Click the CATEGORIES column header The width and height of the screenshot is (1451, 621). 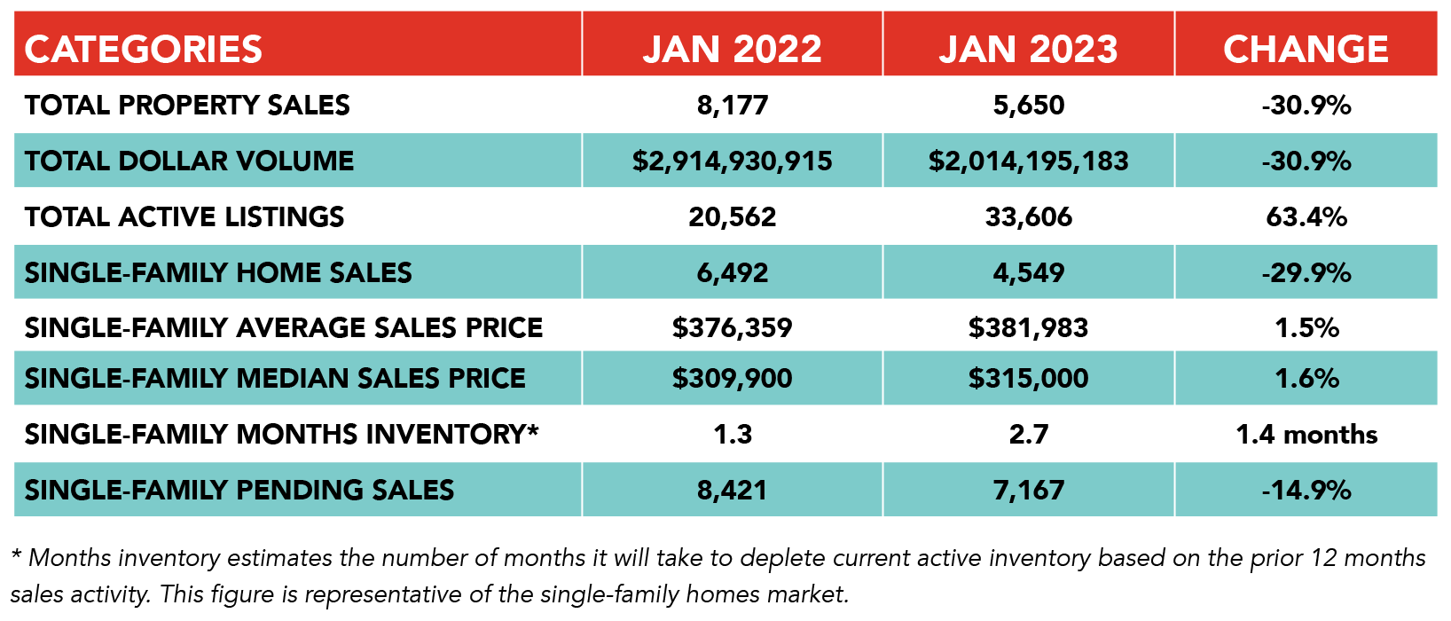coord(144,49)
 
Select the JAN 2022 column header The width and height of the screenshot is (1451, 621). coord(733,49)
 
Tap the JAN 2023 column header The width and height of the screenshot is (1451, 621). coord(1029,49)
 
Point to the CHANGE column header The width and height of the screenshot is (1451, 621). coord(1306,49)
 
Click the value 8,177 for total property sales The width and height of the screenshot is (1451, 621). coord(733,106)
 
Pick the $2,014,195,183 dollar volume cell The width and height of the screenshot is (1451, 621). coord(1029,161)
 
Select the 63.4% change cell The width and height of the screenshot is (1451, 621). coord(1306,216)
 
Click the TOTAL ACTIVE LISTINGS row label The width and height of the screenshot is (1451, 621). coord(184,216)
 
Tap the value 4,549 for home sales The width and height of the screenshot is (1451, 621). coord(1029,272)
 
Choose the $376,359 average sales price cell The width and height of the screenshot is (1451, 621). coord(733,327)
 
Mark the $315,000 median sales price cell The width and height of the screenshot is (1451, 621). coord(1029,378)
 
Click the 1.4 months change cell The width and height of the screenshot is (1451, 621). coord(1306,434)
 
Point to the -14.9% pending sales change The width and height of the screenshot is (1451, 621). coord(1306,490)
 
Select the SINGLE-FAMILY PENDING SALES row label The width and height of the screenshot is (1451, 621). coord(239,490)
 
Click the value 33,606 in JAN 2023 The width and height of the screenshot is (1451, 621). coord(1029,216)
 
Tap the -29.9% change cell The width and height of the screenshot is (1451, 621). coord(1306,272)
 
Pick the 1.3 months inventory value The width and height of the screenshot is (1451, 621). coord(733,434)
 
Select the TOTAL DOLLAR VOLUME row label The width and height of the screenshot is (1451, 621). coord(189,161)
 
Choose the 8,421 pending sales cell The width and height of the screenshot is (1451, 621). coord(733,490)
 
